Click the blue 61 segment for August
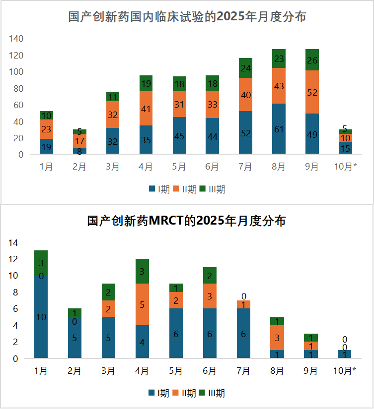tap(279, 129)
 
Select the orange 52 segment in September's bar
tap(312, 92)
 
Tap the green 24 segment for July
tap(245, 68)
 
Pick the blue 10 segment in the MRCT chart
tap(41, 317)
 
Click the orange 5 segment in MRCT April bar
tap(142, 304)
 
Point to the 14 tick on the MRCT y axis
tap(13, 242)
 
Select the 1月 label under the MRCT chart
tap(41, 371)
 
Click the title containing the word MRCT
tap(186, 221)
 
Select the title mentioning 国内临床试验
tap(187, 17)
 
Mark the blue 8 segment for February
tap(80, 151)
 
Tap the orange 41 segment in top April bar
tap(146, 108)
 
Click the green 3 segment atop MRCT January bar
tap(41, 263)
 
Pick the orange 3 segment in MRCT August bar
tap(277, 338)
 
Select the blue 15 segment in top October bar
tap(345, 148)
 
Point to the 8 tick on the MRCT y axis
tap(15, 292)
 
